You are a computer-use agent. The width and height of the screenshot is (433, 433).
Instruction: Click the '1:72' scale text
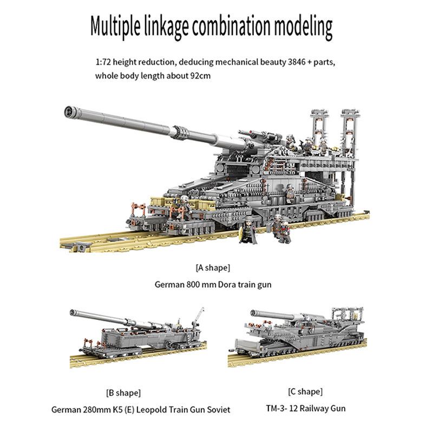103,63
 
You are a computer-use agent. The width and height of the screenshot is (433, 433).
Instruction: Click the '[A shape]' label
213,267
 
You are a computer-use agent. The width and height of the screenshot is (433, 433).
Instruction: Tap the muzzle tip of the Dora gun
69,111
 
